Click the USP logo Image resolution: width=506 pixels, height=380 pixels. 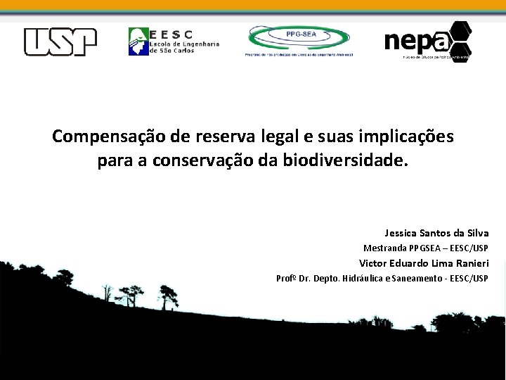[x=60, y=42]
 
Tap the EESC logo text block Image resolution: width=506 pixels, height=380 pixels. [x=184, y=42]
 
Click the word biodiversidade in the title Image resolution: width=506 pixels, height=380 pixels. [x=344, y=161]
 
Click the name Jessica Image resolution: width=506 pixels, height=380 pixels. [x=401, y=233]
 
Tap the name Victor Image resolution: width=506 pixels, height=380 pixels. [x=374, y=263]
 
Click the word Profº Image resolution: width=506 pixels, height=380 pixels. [x=286, y=279]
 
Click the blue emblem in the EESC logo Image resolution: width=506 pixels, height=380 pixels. [x=138, y=42]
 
